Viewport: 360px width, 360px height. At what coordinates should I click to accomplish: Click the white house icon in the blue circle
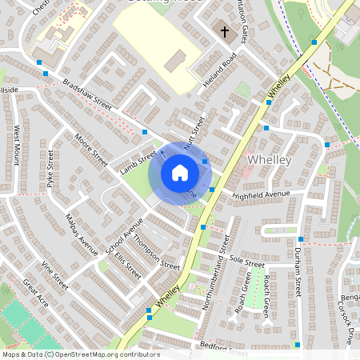179,173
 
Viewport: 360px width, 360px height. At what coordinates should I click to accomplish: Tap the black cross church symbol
225,33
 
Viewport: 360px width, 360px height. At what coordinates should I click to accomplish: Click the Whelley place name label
272,160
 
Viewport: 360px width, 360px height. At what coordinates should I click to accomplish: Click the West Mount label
17,144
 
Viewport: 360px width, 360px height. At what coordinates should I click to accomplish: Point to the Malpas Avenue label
82,233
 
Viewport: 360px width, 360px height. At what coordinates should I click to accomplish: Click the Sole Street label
246,262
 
